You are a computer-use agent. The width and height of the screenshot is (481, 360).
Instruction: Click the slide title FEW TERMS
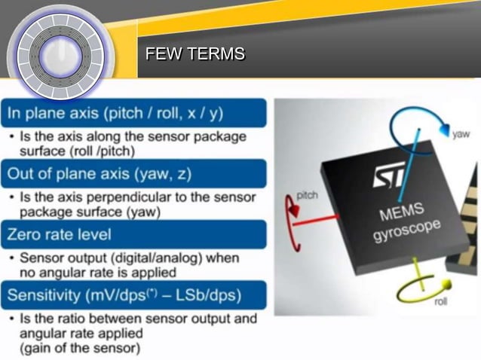point(195,54)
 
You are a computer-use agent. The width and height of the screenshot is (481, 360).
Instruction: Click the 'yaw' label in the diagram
point(460,134)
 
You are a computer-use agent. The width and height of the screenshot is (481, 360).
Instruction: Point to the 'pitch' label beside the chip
point(307,194)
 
